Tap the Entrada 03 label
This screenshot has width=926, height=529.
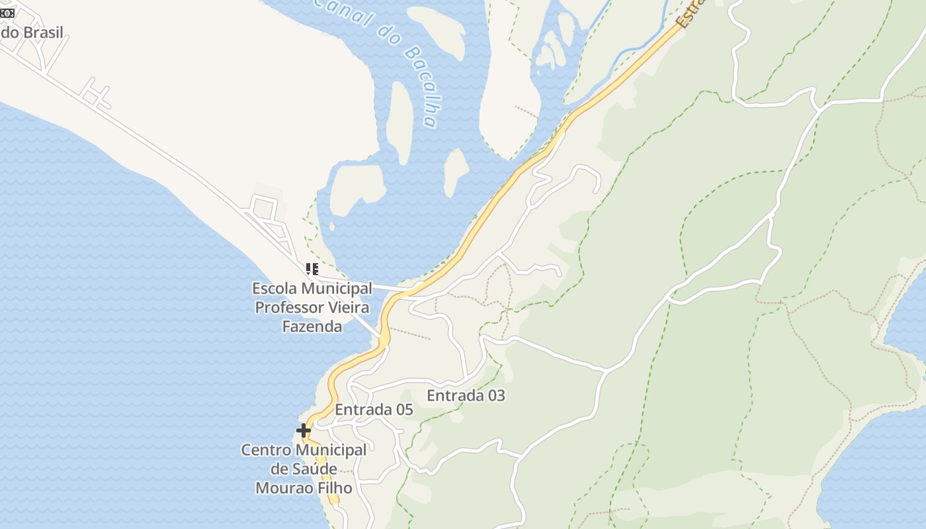pyautogui.click(x=466, y=395)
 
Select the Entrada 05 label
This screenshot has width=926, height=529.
pyautogui.click(x=374, y=409)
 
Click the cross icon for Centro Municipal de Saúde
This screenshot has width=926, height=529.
pyautogui.click(x=304, y=430)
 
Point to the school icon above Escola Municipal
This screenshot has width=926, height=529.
pyautogui.click(x=312, y=268)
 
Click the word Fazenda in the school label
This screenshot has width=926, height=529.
pyautogui.click(x=312, y=326)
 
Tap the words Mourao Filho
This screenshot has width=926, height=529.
pyautogui.click(x=304, y=488)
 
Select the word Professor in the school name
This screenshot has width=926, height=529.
pyautogui.click(x=289, y=307)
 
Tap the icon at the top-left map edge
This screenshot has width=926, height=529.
pyautogui.click(x=7, y=13)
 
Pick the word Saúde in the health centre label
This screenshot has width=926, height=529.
pyautogui.click(x=314, y=469)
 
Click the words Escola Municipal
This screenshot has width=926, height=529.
pyautogui.click(x=312, y=288)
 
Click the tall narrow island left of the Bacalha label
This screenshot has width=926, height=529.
pyautogui.click(x=400, y=122)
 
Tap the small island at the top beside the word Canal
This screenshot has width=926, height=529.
pyautogui.click(x=438, y=30)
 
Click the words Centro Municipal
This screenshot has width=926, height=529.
pyautogui.click(x=304, y=450)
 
